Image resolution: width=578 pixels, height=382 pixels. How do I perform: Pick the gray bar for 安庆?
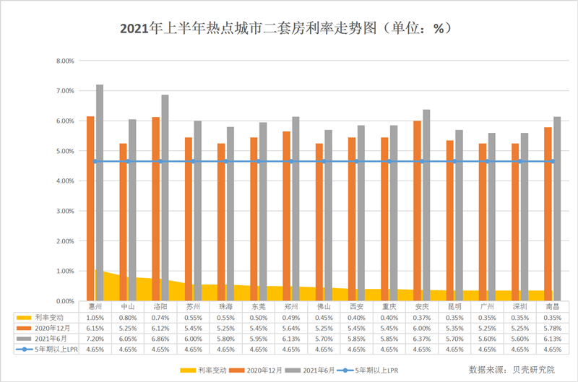click(x=426, y=205)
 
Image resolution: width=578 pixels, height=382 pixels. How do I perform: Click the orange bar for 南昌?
click(x=548, y=214)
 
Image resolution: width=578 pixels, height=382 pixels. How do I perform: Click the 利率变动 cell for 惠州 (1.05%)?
click(x=95, y=317)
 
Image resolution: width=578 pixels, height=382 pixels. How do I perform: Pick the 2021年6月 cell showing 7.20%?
click(x=95, y=339)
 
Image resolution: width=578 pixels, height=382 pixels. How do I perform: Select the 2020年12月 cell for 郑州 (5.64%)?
click(x=290, y=328)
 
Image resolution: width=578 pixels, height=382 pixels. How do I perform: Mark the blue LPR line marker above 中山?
click(x=128, y=161)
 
